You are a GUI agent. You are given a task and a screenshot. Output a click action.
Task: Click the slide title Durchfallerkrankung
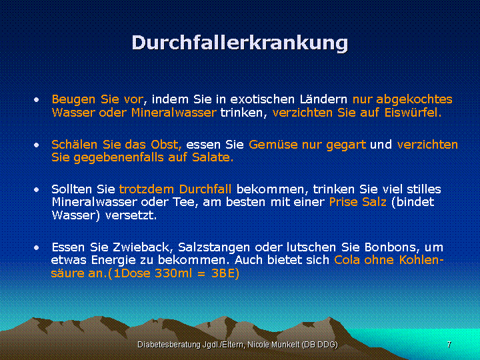(240, 43)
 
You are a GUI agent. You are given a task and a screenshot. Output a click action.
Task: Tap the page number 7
(449, 345)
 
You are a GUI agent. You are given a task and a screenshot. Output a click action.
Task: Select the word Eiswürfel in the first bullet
(413, 113)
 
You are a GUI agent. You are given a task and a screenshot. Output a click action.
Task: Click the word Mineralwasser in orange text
(174, 113)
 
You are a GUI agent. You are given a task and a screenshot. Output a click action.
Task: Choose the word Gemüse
(273, 145)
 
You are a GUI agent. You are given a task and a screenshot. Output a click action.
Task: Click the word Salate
(213, 157)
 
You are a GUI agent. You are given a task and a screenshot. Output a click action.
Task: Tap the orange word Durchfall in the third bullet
(205, 189)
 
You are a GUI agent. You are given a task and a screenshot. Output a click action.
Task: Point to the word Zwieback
(143, 247)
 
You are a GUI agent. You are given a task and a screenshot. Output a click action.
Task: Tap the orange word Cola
(347, 260)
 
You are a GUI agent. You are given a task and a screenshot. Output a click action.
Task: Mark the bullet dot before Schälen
(37, 145)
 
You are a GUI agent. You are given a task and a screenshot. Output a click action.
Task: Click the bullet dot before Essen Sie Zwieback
(37, 247)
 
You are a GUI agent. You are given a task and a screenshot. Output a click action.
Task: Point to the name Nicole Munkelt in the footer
(273, 345)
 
